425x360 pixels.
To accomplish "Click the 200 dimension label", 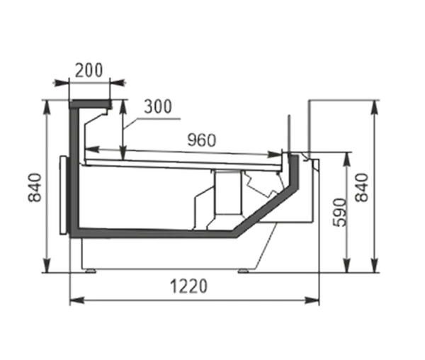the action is tap(89, 70).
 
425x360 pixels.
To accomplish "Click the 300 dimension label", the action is tap(158, 106).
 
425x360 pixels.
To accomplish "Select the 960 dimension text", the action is tap(202, 140).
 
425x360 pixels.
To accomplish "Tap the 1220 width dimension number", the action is tap(188, 286).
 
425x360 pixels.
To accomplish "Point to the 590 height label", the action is tap(339, 213).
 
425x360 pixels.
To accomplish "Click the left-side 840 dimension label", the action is tap(35, 187).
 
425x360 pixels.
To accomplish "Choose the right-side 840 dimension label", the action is tap(362, 188).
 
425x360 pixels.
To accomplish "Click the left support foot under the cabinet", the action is tap(90, 271).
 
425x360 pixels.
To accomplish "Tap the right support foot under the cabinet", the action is tap(244, 271).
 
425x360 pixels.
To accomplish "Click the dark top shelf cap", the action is tap(90, 104).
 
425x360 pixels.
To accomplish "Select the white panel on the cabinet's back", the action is tap(63, 195).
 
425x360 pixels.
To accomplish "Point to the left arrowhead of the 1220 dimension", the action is tap(77, 300).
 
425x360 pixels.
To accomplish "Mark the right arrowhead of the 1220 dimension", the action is tap(312, 300).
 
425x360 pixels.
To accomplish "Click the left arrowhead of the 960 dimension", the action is tap(92, 149).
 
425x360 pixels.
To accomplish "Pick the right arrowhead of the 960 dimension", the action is tap(275, 154).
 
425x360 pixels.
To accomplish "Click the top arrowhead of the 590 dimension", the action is tap(346, 159).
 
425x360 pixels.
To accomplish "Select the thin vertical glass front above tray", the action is tap(290, 135).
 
